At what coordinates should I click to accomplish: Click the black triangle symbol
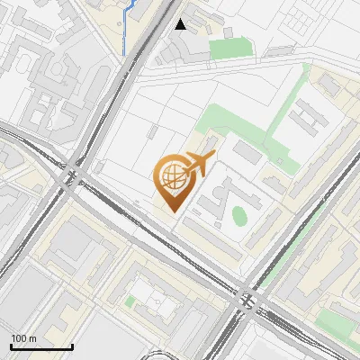coord(181,24)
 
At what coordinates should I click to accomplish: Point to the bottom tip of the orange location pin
coord(171,211)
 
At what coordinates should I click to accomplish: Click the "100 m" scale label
coord(23,338)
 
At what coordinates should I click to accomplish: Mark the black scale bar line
coord(41,346)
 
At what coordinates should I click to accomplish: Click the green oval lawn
coord(238,216)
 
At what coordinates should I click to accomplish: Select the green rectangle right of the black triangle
coord(229,48)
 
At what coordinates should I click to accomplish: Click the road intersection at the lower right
coord(246,297)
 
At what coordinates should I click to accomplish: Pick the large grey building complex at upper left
coord(54,90)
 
